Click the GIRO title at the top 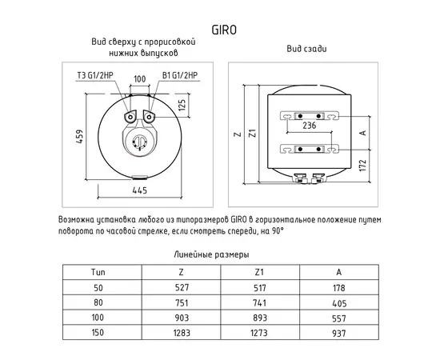pyautogui.click(x=224, y=30)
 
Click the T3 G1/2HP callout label pyautogui.click(x=95, y=75)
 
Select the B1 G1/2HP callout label pyautogui.click(x=180, y=75)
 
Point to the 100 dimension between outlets pyautogui.click(x=140, y=79)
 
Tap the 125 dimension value pyautogui.click(x=182, y=105)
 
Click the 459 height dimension pyautogui.click(x=80, y=137)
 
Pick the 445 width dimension pyautogui.click(x=139, y=190)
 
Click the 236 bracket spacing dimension pyautogui.click(x=310, y=126)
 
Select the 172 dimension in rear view pyautogui.click(x=362, y=166)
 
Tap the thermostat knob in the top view pyautogui.click(x=138, y=141)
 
